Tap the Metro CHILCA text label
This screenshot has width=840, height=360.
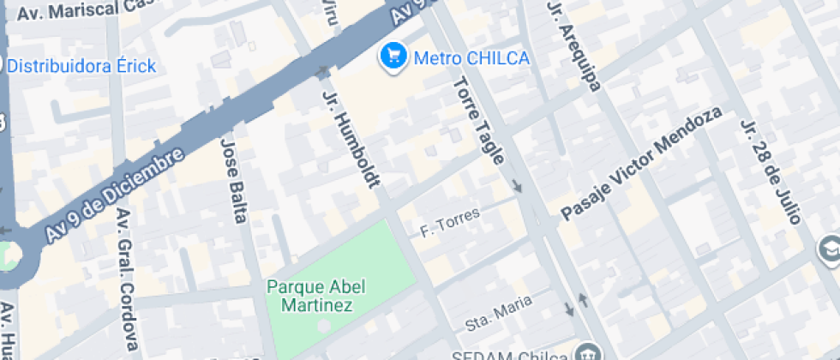coord(471,58)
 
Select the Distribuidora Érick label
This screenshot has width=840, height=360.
coord(81,65)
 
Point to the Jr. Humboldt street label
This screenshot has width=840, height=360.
coord(351,138)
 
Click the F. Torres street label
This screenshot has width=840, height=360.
coord(449,224)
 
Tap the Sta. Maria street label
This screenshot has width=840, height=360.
coord(500,312)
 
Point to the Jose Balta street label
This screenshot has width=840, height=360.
coord(233,180)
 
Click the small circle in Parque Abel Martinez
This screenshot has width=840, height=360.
coord(323,326)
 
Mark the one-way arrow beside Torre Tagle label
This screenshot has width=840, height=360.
coord(517,186)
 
